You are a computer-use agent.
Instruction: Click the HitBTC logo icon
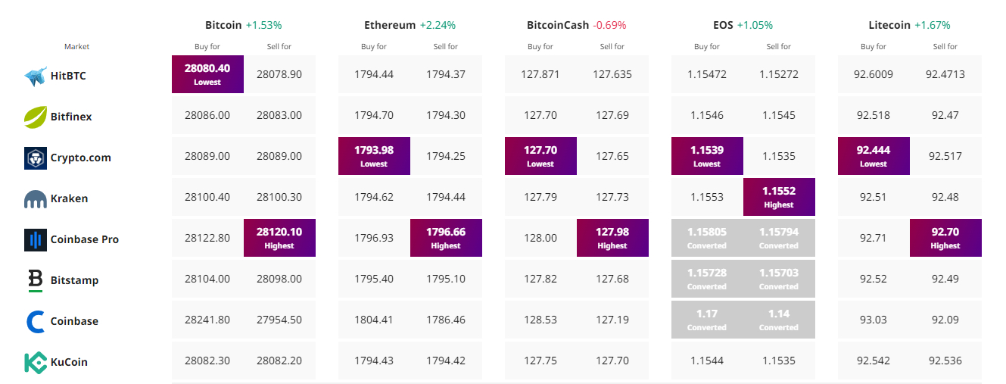click(36, 76)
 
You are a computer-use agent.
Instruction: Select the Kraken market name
click(69, 198)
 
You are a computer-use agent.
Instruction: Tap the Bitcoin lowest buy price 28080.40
click(207, 73)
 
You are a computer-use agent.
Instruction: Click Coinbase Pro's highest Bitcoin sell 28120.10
click(279, 237)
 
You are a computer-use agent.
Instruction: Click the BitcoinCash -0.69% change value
click(609, 25)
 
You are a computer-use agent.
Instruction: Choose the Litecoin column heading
click(889, 25)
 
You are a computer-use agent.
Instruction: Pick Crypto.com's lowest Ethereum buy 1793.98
click(374, 155)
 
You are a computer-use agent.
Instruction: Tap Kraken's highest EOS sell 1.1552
click(779, 196)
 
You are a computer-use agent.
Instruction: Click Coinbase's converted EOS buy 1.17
click(707, 319)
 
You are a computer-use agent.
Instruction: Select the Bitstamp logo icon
click(36, 280)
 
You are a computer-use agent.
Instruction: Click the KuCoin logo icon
click(36, 362)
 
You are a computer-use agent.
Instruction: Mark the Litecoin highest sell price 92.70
click(945, 237)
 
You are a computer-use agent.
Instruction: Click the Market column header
click(76, 47)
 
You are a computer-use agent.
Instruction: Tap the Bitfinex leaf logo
click(36, 117)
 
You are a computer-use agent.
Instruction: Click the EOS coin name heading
click(702, 25)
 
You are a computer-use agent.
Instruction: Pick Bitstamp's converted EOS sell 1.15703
click(779, 278)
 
